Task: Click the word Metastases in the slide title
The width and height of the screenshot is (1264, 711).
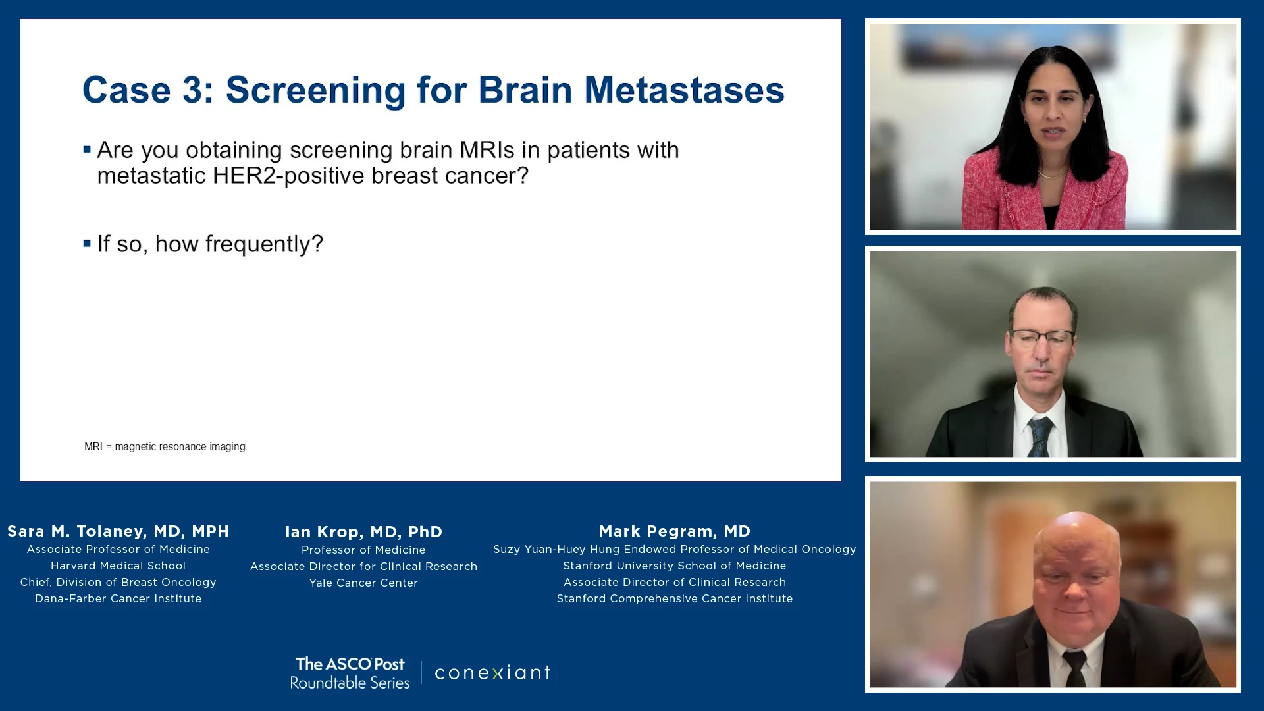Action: (684, 90)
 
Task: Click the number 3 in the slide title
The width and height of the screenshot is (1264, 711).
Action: (192, 90)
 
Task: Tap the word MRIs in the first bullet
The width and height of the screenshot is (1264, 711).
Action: (487, 150)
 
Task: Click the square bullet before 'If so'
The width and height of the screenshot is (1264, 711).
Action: (87, 244)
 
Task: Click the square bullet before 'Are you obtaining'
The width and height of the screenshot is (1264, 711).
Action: (87, 150)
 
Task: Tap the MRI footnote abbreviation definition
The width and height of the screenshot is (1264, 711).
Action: (165, 446)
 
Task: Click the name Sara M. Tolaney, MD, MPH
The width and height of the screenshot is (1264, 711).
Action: (118, 531)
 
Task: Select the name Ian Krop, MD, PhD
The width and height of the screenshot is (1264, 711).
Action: (363, 532)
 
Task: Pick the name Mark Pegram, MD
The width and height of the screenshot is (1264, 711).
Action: (674, 531)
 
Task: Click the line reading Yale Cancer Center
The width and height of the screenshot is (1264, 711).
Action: (363, 583)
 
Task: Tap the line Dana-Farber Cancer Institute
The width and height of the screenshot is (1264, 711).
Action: (118, 598)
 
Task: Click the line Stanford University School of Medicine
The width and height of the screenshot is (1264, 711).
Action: (674, 566)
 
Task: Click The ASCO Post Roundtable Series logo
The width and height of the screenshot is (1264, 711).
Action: (350, 673)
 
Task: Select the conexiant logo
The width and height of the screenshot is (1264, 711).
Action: (492, 672)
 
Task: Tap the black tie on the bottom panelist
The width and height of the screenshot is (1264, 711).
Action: (1074, 668)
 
